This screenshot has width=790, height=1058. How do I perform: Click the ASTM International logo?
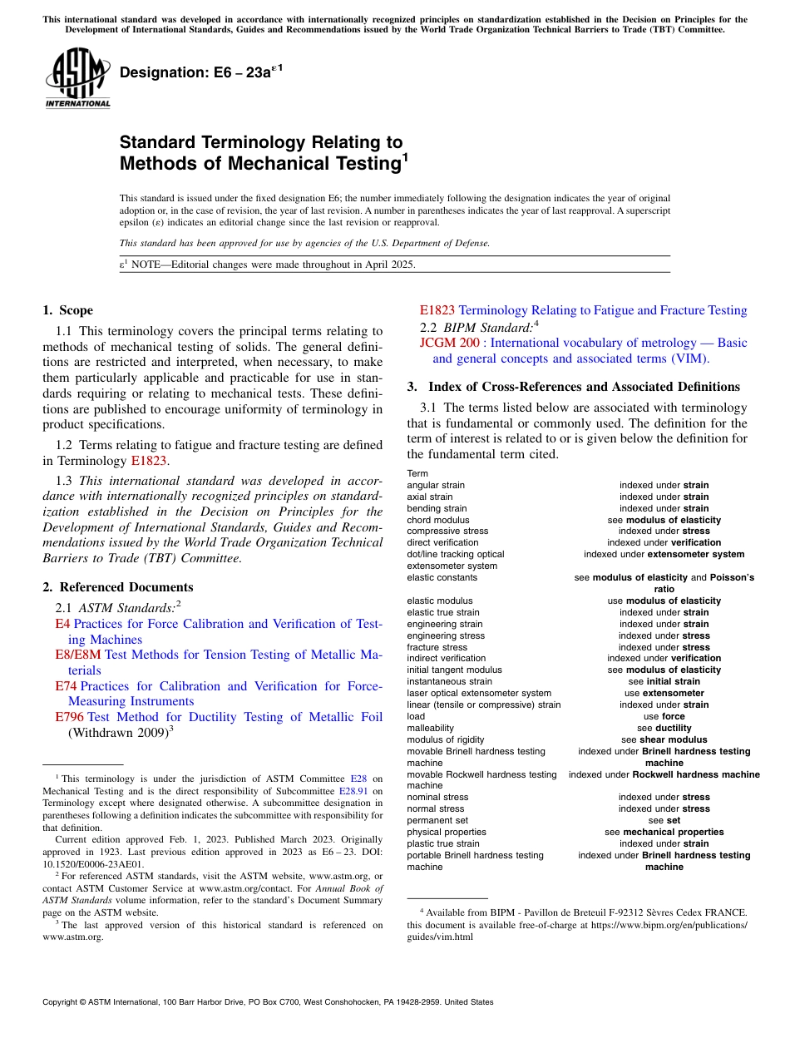(x=77, y=78)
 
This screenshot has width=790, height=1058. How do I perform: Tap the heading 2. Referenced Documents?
(x=117, y=587)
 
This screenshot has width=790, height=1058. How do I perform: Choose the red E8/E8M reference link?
(x=77, y=655)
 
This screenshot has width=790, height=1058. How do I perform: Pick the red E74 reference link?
(x=66, y=686)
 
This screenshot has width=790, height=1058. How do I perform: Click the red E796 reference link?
(x=69, y=717)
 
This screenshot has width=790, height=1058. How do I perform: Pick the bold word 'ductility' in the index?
(x=673, y=728)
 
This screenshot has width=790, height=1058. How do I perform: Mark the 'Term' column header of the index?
(x=417, y=473)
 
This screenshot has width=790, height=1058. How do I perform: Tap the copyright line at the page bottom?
(x=268, y=1002)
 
